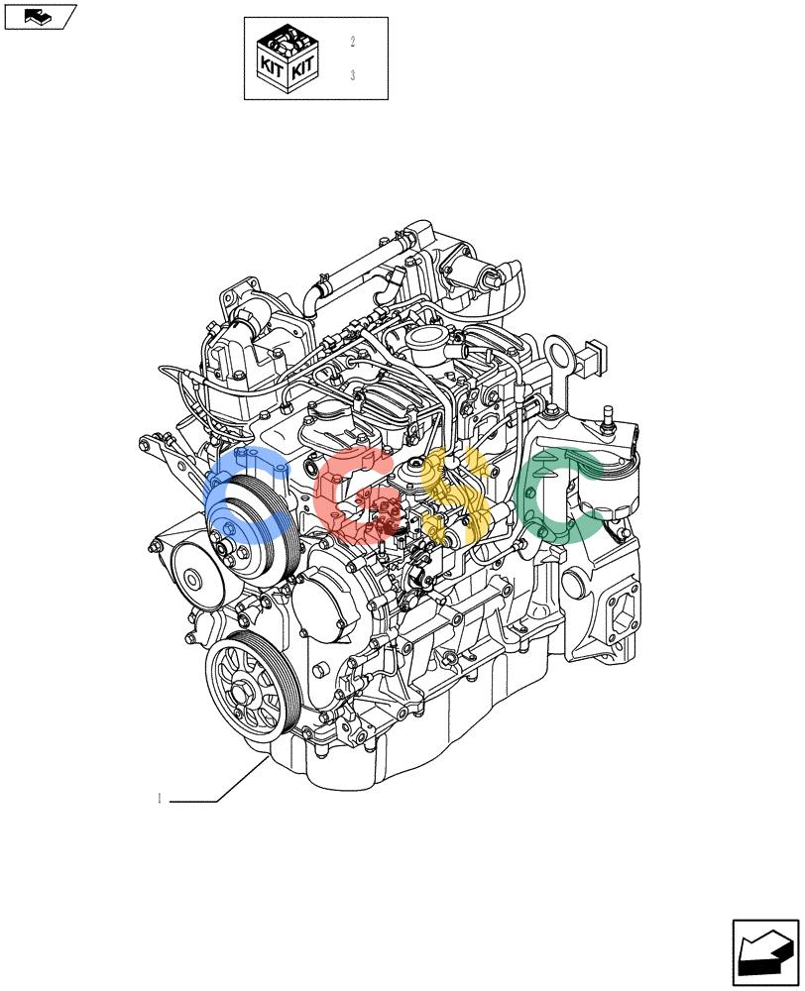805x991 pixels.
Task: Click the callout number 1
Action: pyautogui.click(x=160, y=798)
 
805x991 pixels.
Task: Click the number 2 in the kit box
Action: pyautogui.click(x=352, y=43)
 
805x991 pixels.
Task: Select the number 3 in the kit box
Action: pyautogui.click(x=352, y=75)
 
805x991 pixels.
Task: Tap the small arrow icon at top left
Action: pyautogui.click(x=40, y=16)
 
